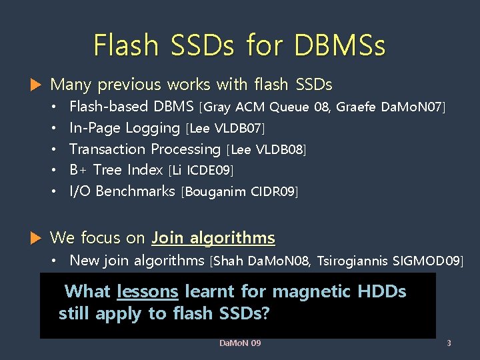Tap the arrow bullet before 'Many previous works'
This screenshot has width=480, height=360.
click(36, 85)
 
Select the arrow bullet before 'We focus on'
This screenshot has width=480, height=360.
click(36, 238)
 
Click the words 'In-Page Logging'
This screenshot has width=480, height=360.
click(125, 128)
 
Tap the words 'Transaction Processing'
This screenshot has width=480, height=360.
click(145, 149)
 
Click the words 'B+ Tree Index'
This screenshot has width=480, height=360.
click(116, 170)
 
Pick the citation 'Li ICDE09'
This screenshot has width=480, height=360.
click(202, 171)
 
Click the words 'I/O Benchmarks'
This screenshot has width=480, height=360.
click(122, 191)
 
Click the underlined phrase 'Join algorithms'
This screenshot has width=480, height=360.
click(213, 238)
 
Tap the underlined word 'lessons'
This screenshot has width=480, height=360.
click(147, 291)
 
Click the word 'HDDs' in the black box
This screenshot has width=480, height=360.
click(382, 291)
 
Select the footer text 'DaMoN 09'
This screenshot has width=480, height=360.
click(240, 343)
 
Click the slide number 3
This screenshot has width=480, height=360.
click(449, 343)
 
